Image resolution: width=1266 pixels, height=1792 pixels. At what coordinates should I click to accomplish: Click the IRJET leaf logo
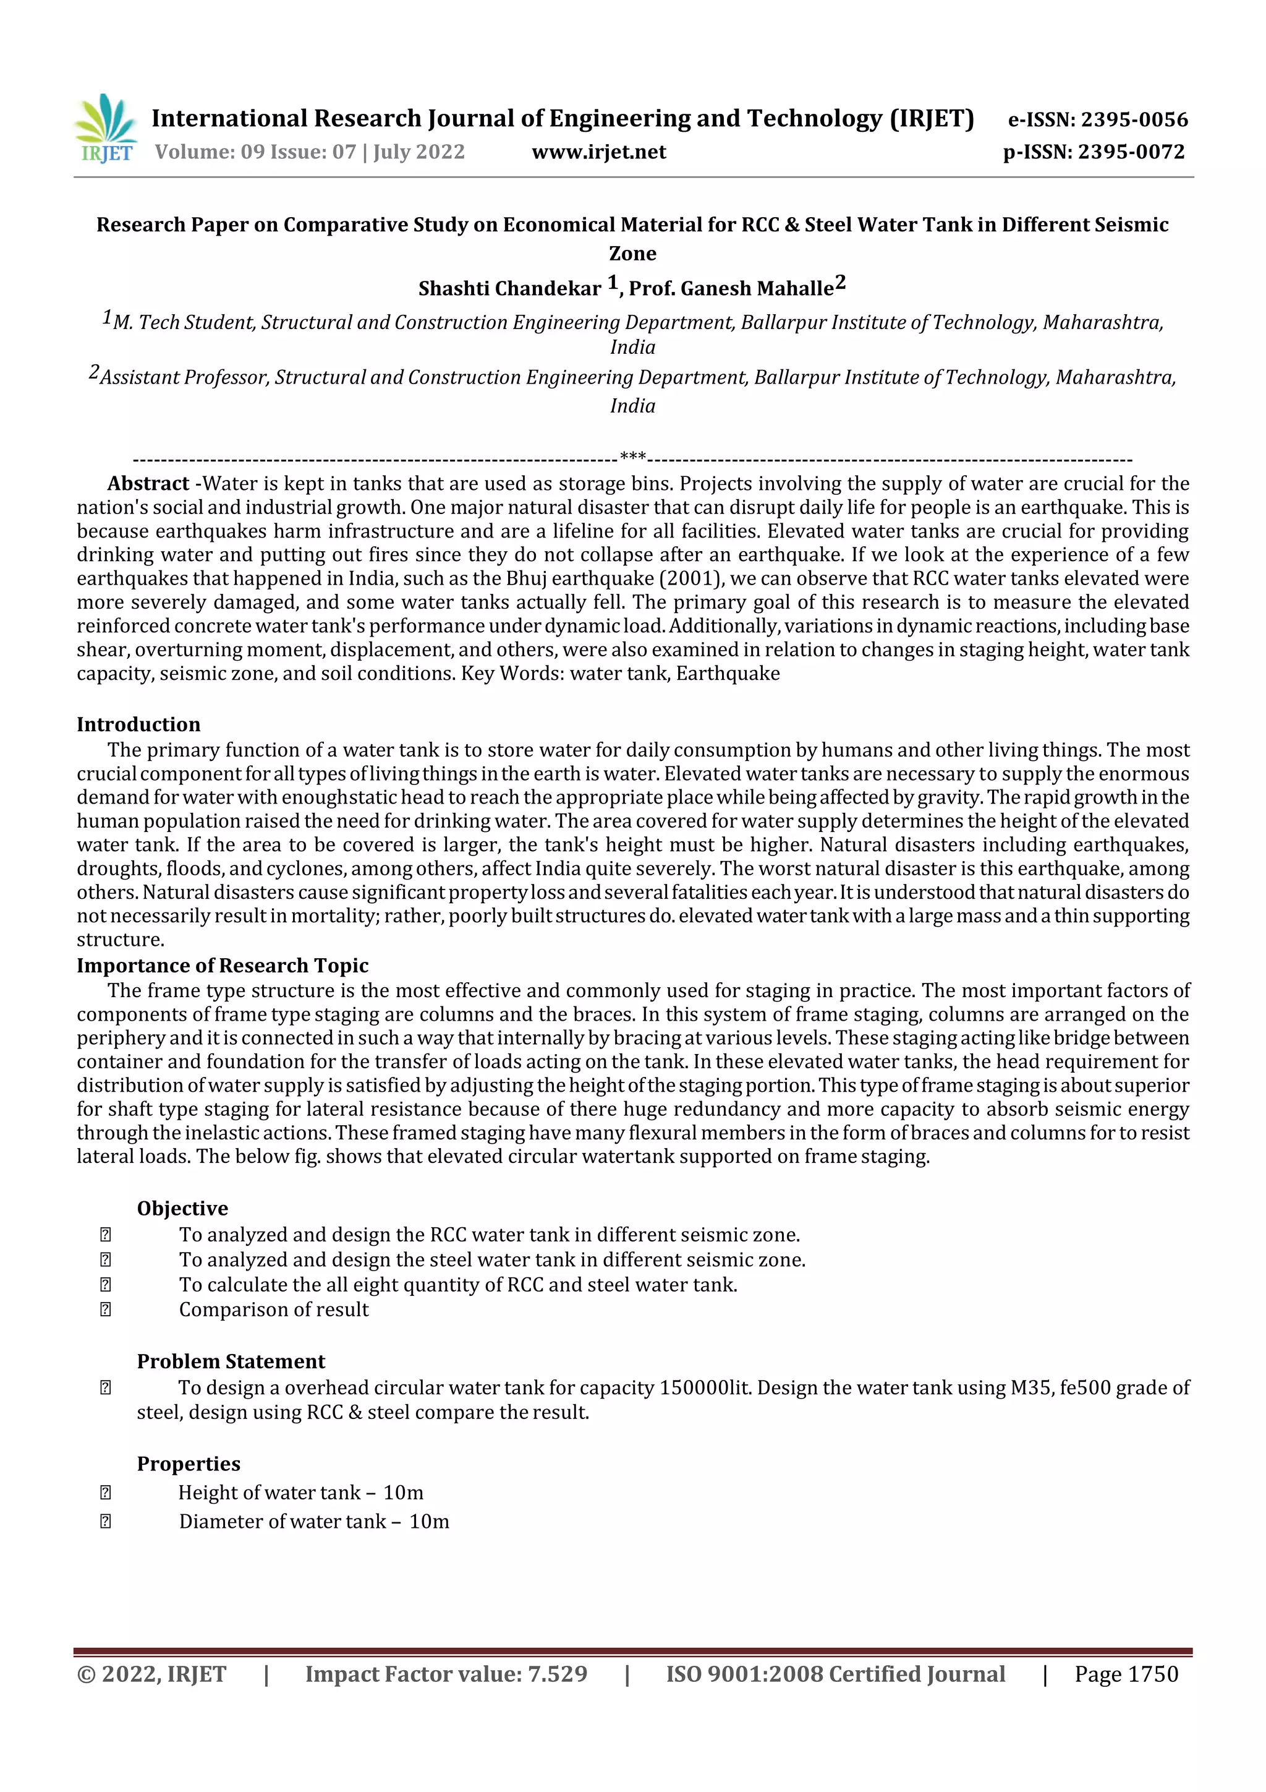click(106, 128)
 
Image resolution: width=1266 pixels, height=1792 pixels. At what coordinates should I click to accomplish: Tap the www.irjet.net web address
click(598, 152)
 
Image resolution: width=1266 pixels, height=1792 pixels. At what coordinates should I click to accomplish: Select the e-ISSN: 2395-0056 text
click(1097, 119)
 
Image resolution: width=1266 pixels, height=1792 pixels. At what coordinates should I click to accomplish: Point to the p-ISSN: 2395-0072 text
click(1094, 152)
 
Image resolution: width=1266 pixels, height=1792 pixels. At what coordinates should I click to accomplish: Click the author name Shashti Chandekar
click(509, 289)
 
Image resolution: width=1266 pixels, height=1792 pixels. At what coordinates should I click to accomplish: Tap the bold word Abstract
click(148, 484)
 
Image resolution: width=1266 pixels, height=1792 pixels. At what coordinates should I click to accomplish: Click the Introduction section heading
click(138, 724)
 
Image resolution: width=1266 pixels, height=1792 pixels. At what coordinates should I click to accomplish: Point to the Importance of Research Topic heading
click(223, 966)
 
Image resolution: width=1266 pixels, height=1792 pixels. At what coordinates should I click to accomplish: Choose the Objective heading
click(182, 1208)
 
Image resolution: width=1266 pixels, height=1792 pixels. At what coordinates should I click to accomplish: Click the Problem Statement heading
click(231, 1361)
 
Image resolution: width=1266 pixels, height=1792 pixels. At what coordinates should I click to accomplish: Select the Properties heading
click(189, 1464)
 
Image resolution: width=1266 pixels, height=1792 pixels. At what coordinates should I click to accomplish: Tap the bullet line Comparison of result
click(274, 1310)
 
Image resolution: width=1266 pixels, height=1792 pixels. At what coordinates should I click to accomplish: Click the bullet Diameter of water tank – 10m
click(313, 1521)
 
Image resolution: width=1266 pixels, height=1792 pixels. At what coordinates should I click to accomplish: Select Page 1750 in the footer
click(1126, 1673)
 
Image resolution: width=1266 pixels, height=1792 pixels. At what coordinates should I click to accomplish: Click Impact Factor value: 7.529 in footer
click(446, 1673)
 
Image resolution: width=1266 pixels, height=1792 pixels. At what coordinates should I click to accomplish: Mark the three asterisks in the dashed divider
click(632, 457)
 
